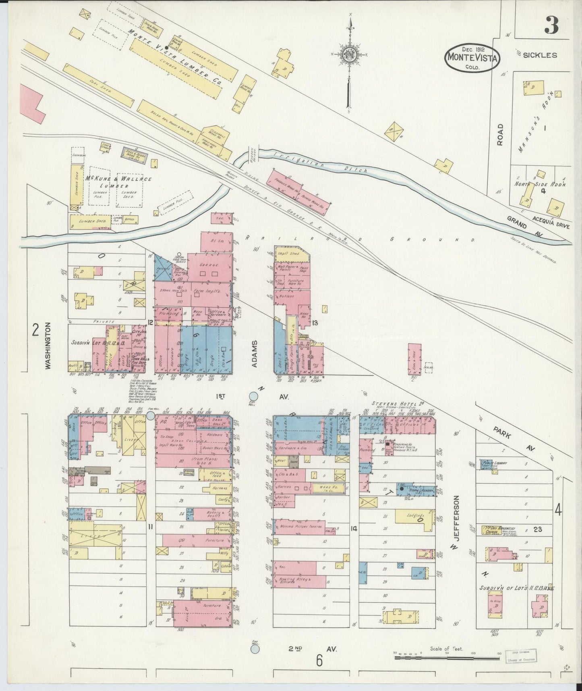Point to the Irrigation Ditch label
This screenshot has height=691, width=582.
click(321, 162)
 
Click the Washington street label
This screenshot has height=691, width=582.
click(48, 345)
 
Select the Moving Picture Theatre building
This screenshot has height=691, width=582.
click(300, 527)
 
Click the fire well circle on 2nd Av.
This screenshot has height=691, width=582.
click(255, 649)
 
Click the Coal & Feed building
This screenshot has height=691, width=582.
click(414, 358)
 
